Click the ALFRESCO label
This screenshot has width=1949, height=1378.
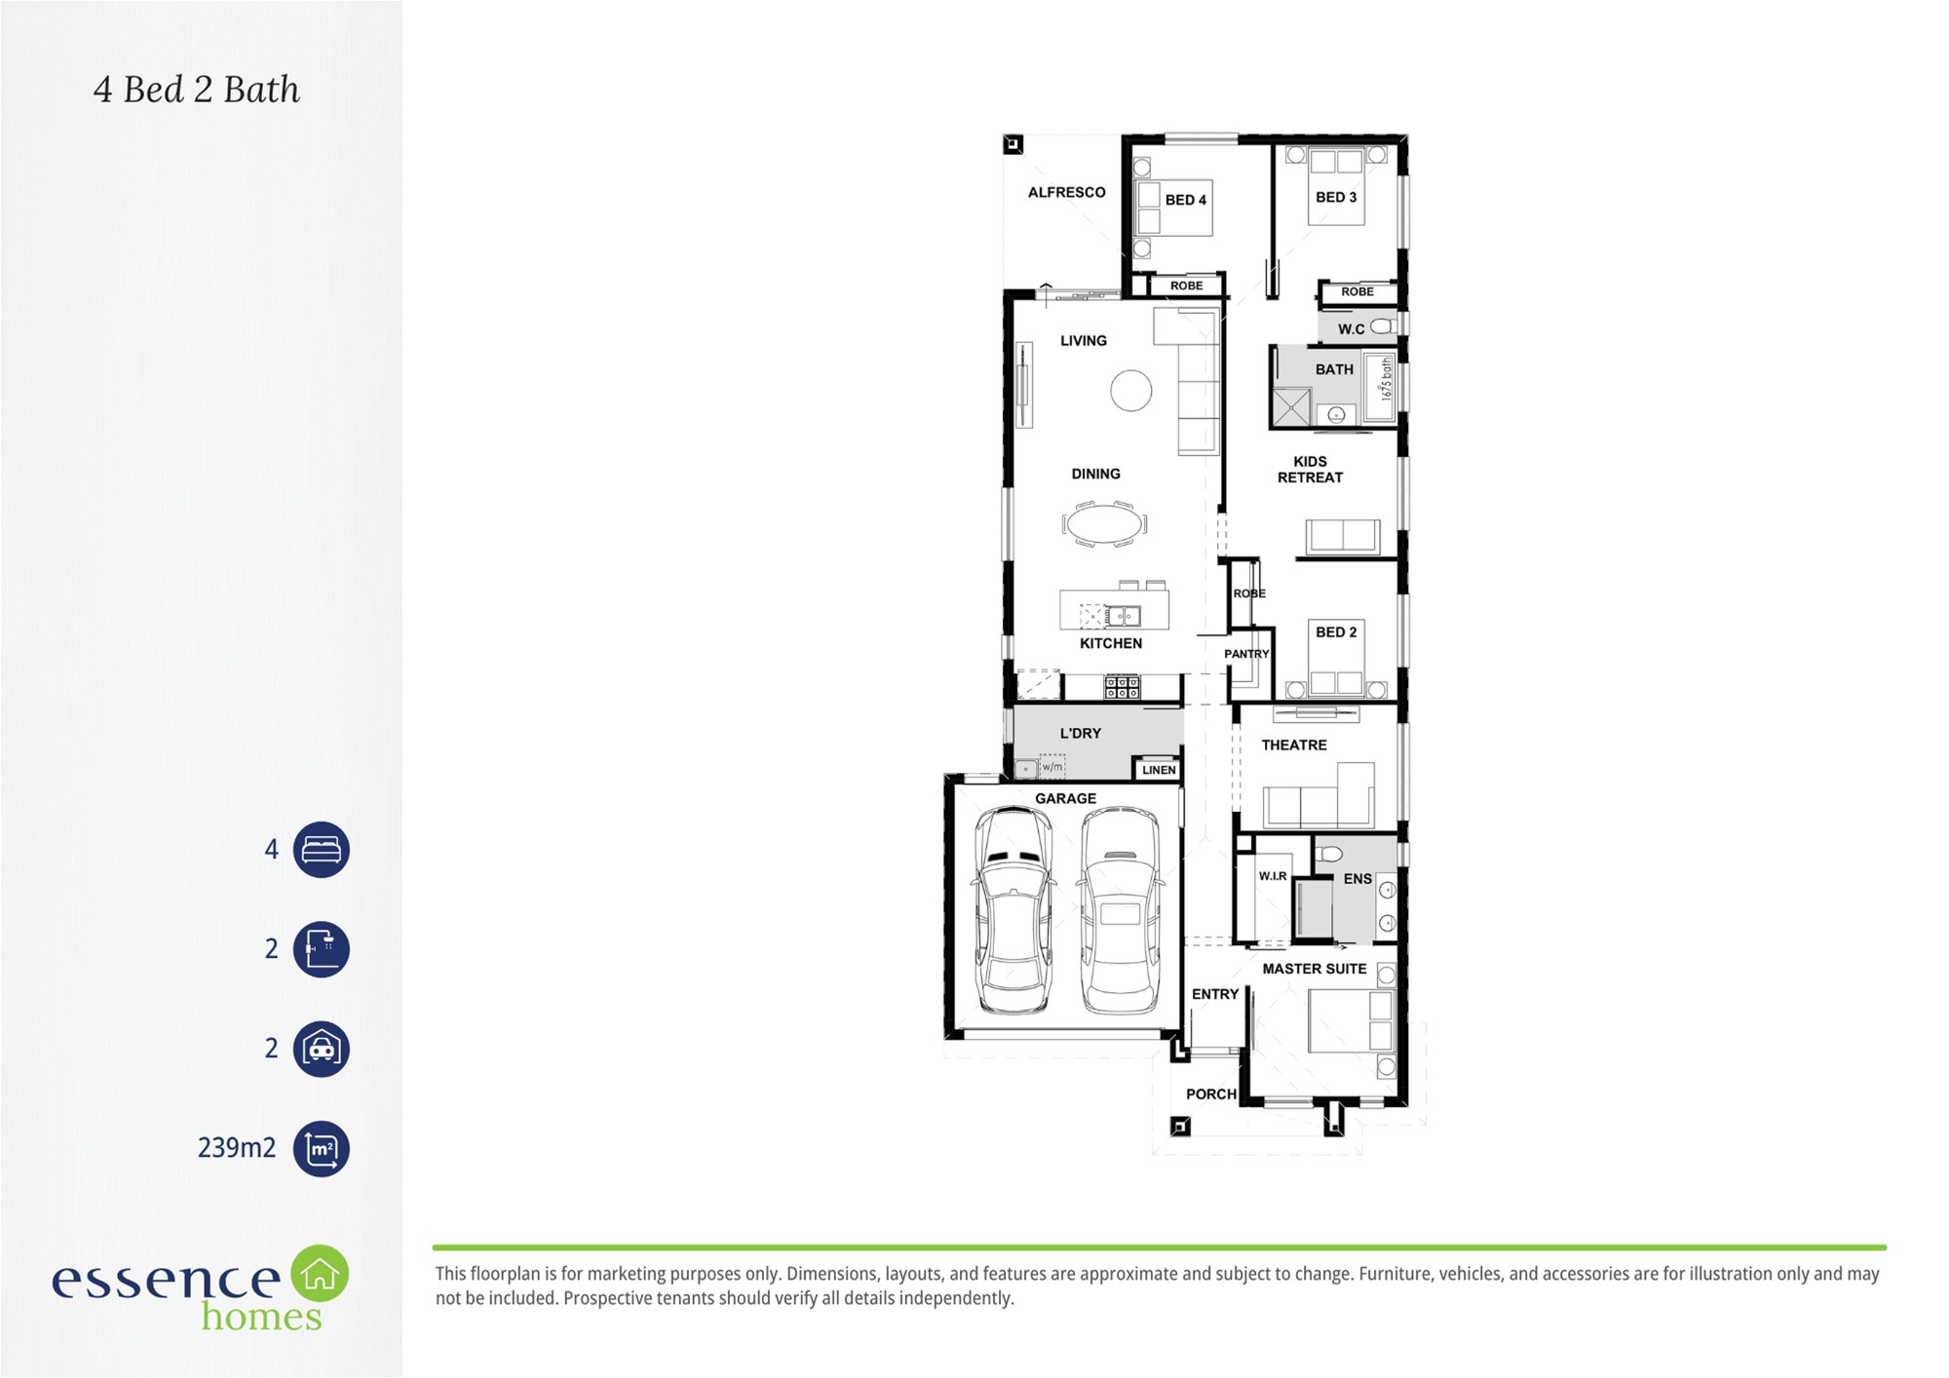(1066, 192)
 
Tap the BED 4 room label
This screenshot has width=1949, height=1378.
(1185, 200)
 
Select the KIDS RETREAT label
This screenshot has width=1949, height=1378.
(1310, 469)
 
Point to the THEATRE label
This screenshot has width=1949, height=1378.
(1293, 745)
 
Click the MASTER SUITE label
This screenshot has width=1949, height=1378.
(1314, 969)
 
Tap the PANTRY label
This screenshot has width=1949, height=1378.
(1246, 654)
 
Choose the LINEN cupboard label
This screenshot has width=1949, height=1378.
(1159, 770)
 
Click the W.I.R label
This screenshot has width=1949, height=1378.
(1273, 876)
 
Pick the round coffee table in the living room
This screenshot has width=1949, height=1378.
(1130, 391)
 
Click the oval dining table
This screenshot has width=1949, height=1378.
(1104, 523)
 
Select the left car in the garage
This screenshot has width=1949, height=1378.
(1014, 909)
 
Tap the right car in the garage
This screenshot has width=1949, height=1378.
(1121, 909)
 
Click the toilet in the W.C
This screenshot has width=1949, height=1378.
(1383, 326)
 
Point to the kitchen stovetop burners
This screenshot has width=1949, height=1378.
(1122, 687)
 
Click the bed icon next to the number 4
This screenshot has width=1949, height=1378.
(322, 850)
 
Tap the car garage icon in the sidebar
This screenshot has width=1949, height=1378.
(322, 1049)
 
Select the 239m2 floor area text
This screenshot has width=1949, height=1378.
(237, 1148)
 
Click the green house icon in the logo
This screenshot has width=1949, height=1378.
(320, 1273)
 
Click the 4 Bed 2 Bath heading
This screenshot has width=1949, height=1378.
(197, 90)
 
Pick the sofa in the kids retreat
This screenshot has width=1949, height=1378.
(1343, 537)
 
